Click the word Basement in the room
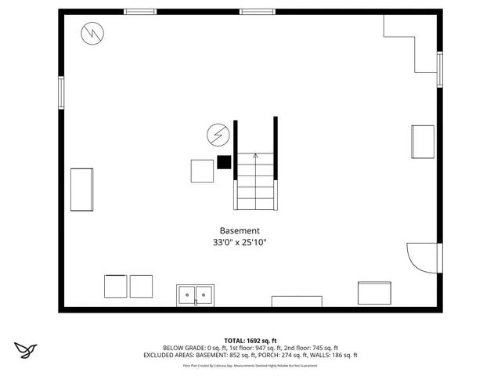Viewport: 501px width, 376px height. click(240, 230)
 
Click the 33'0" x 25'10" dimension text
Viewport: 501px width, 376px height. click(240, 243)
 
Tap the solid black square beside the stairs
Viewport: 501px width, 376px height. click(225, 162)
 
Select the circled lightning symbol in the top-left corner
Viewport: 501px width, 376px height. click(93, 33)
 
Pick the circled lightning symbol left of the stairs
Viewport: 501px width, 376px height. click(217, 136)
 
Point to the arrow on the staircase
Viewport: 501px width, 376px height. click(255, 156)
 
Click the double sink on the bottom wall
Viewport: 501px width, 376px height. click(195, 295)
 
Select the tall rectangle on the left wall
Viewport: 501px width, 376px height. click(82, 189)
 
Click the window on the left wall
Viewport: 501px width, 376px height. click(60, 92)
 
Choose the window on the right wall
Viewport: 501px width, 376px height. click(439, 69)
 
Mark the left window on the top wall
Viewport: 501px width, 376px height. click(140, 12)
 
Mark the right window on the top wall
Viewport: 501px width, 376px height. click(256, 12)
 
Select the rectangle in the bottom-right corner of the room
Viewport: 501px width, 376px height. click(374, 292)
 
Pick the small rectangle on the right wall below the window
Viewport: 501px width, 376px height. click(423, 142)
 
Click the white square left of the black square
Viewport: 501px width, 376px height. click(202, 171)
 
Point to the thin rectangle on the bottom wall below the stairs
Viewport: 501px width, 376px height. click(297, 302)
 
